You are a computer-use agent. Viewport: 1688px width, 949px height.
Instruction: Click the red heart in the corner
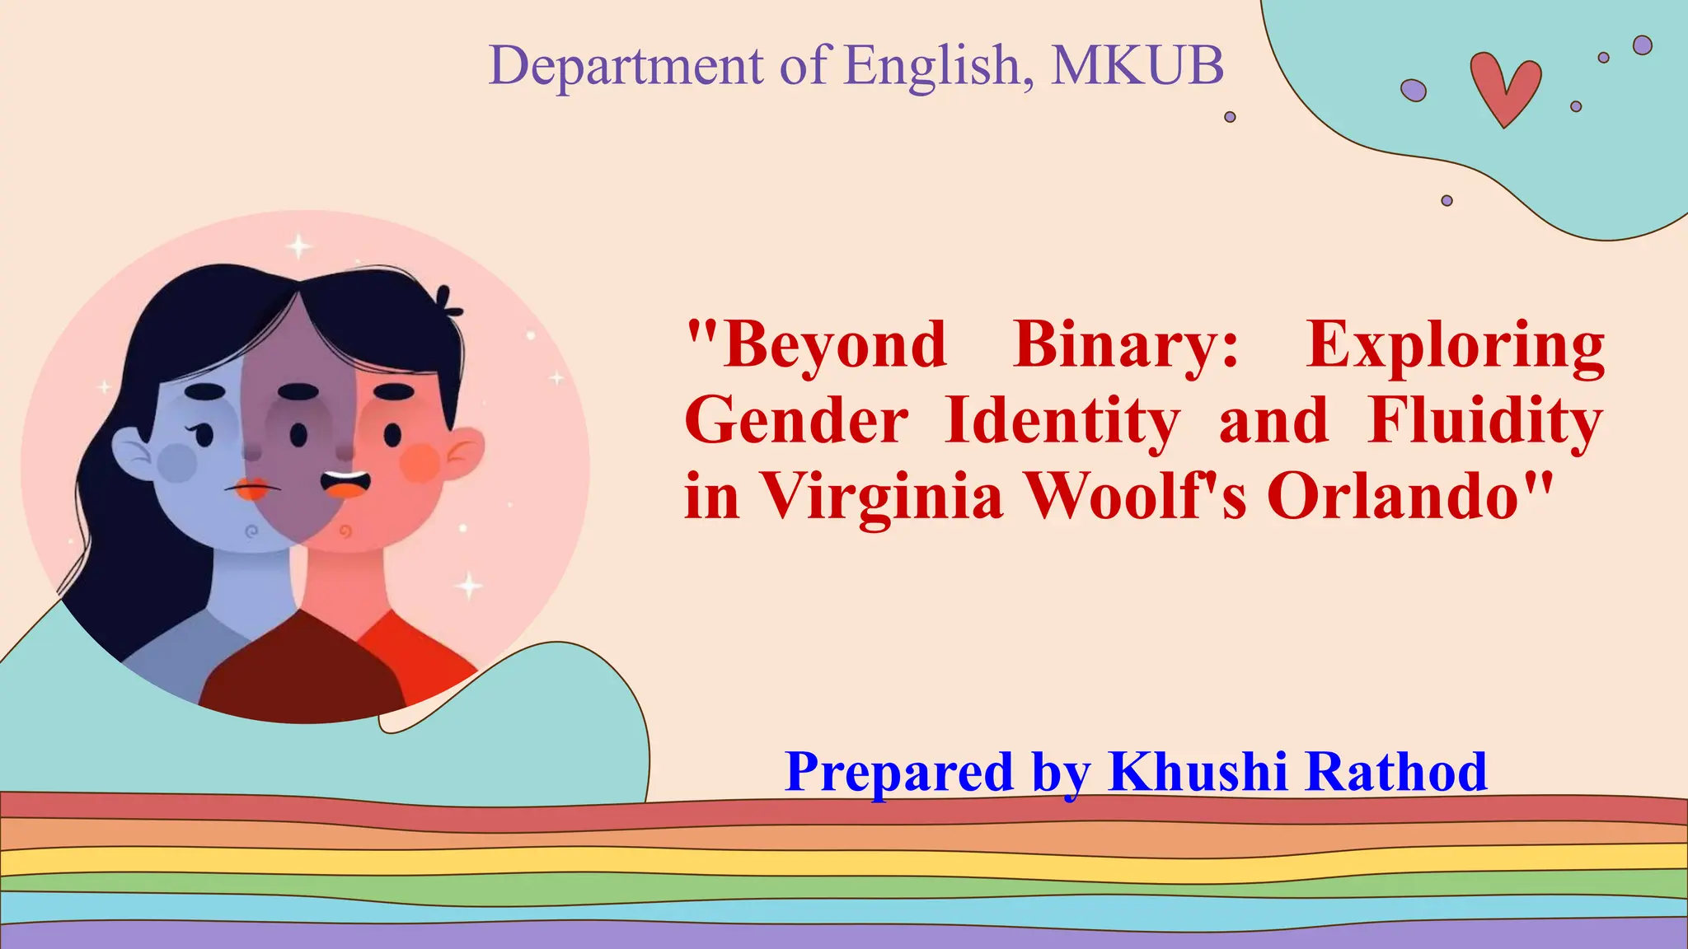1505,87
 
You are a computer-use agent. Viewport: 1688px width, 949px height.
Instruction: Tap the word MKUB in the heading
1137,65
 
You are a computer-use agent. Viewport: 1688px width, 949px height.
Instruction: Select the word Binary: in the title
1126,344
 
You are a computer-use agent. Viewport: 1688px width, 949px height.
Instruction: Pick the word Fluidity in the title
1484,420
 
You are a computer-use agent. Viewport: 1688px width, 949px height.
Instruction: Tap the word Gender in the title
796,420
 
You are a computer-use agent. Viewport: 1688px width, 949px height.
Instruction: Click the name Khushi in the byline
1197,772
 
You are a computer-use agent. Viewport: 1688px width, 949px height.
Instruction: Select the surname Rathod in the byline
1396,772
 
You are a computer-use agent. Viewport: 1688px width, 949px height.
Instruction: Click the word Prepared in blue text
898,772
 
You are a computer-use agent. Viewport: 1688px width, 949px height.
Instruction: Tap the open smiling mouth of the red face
345,484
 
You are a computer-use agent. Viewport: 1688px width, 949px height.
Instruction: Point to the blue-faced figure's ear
132,453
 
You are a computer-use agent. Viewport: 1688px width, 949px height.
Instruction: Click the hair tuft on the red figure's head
448,302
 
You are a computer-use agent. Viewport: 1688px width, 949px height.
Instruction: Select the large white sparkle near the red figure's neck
470,586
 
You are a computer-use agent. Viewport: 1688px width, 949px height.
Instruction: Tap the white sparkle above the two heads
298,246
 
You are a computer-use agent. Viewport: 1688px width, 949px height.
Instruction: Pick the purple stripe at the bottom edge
844,937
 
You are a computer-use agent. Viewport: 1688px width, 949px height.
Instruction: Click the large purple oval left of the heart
1413,90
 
